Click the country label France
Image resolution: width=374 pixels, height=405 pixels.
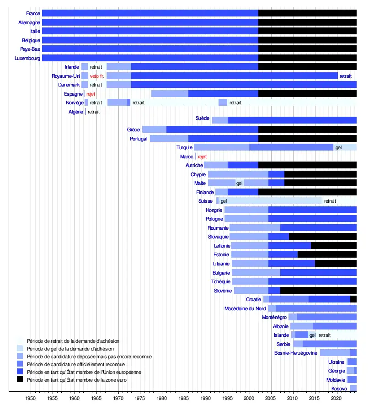pos(33,13)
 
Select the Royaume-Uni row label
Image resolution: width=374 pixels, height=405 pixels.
pos(66,76)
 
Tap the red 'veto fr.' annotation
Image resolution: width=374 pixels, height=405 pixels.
pos(97,76)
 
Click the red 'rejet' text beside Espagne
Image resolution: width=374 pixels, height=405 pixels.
pos(91,94)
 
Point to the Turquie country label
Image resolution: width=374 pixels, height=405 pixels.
pos(184,147)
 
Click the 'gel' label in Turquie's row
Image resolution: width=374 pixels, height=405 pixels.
pos(338,147)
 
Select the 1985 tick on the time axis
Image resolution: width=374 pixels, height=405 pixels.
pos(184,399)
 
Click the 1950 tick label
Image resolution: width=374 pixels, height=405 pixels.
pos(31,399)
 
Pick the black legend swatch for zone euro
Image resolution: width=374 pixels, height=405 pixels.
pos(20,379)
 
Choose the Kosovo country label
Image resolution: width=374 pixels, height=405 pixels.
pos(339,389)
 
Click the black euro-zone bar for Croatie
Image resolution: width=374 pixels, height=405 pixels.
pos(353,299)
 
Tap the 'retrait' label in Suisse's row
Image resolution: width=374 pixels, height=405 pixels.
pos(330,201)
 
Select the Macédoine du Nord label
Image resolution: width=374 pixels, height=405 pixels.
pos(245,308)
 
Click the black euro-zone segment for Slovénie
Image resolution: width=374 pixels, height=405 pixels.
pos(318,290)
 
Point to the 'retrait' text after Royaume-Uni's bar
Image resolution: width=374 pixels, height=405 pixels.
pos(345,76)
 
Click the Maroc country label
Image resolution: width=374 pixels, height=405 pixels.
pos(187,157)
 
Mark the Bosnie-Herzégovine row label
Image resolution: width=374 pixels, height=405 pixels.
pos(295,353)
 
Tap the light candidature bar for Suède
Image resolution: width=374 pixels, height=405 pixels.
pos(219,120)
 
